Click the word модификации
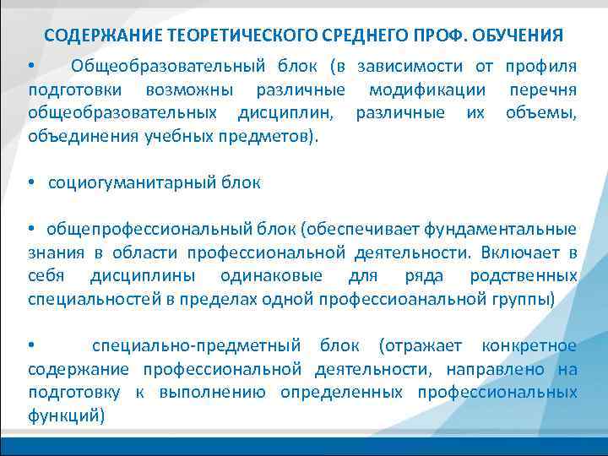(427, 90)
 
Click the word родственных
(525, 275)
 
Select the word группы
(524, 298)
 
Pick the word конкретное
(529, 345)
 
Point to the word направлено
(495, 369)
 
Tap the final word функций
(65, 415)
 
